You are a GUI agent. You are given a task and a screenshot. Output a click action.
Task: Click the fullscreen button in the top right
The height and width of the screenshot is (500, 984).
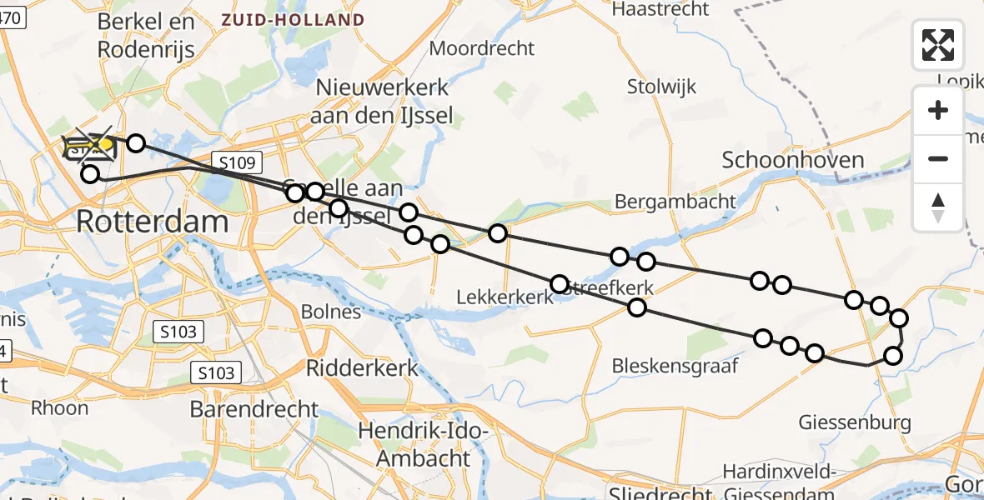tap(938, 45)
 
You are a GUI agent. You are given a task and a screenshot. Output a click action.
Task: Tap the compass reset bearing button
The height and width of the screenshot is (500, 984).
tap(938, 207)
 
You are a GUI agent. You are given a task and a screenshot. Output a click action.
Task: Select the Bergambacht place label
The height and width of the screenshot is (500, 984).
tap(675, 201)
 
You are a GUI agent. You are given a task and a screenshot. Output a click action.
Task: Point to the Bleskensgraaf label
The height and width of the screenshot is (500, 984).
tap(675, 365)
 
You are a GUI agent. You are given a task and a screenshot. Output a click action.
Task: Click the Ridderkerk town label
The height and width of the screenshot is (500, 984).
tap(362, 367)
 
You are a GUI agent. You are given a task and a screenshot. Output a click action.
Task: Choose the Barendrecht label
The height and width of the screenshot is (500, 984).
tap(254, 409)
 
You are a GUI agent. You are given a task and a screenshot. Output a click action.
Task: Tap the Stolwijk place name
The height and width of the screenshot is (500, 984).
tap(661, 87)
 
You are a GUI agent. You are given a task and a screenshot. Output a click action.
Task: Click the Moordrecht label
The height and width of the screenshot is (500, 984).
tap(481, 48)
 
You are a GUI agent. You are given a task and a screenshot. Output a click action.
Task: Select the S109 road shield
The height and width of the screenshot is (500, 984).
tap(237, 162)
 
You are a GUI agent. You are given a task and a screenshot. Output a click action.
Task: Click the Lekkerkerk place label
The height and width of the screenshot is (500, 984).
tap(505, 297)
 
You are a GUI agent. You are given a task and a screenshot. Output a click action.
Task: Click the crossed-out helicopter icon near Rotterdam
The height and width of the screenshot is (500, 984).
tap(90, 147)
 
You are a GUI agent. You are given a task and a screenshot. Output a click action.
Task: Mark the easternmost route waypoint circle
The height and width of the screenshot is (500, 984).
tap(899, 317)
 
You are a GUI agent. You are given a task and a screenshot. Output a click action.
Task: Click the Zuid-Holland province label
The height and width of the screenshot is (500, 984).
tap(293, 20)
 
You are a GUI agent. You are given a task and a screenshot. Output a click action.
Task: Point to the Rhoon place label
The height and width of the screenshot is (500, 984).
tap(58, 407)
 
